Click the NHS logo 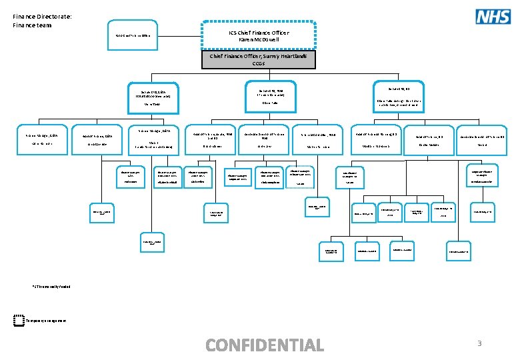[493, 16]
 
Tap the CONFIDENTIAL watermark [265, 345]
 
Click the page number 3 [479, 343]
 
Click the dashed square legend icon [19, 321]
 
